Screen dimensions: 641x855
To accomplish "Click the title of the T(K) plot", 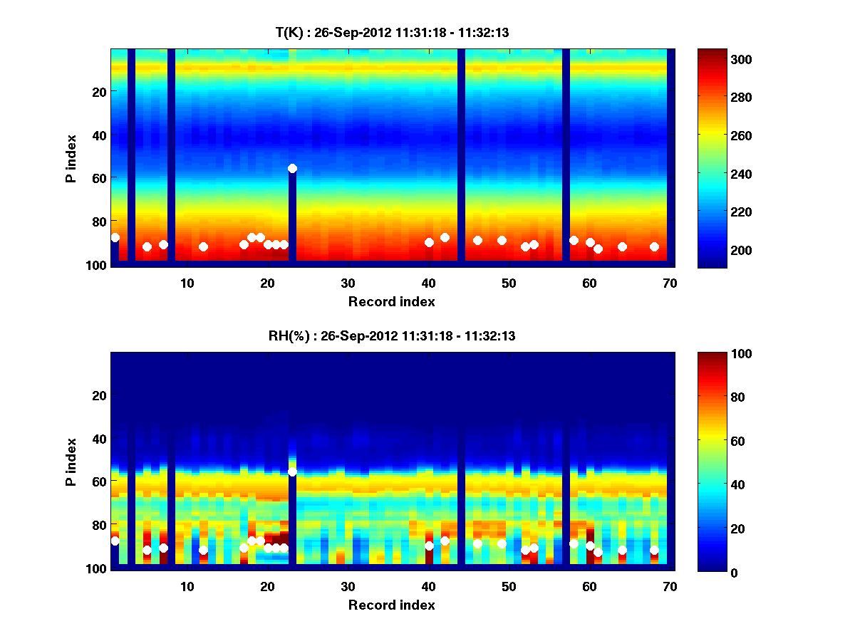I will click(392, 33).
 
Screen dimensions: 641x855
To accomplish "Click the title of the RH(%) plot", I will click(392, 336).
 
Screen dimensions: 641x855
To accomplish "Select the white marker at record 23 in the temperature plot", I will click(292, 168).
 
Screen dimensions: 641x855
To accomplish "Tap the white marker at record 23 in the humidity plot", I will click(292, 471).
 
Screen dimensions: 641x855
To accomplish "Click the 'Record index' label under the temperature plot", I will click(392, 301).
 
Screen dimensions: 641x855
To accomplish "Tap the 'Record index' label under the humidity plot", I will click(392, 605).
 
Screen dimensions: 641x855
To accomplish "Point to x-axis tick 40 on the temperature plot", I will click(429, 283).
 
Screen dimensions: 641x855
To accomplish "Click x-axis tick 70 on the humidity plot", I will click(670, 586).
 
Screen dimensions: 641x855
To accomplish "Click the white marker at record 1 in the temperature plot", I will click(115, 237).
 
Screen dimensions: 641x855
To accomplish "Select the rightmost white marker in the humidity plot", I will click(654, 550).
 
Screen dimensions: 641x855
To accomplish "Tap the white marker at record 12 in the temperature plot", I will click(203, 246).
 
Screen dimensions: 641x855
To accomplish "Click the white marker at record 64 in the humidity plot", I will click(622, 550).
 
